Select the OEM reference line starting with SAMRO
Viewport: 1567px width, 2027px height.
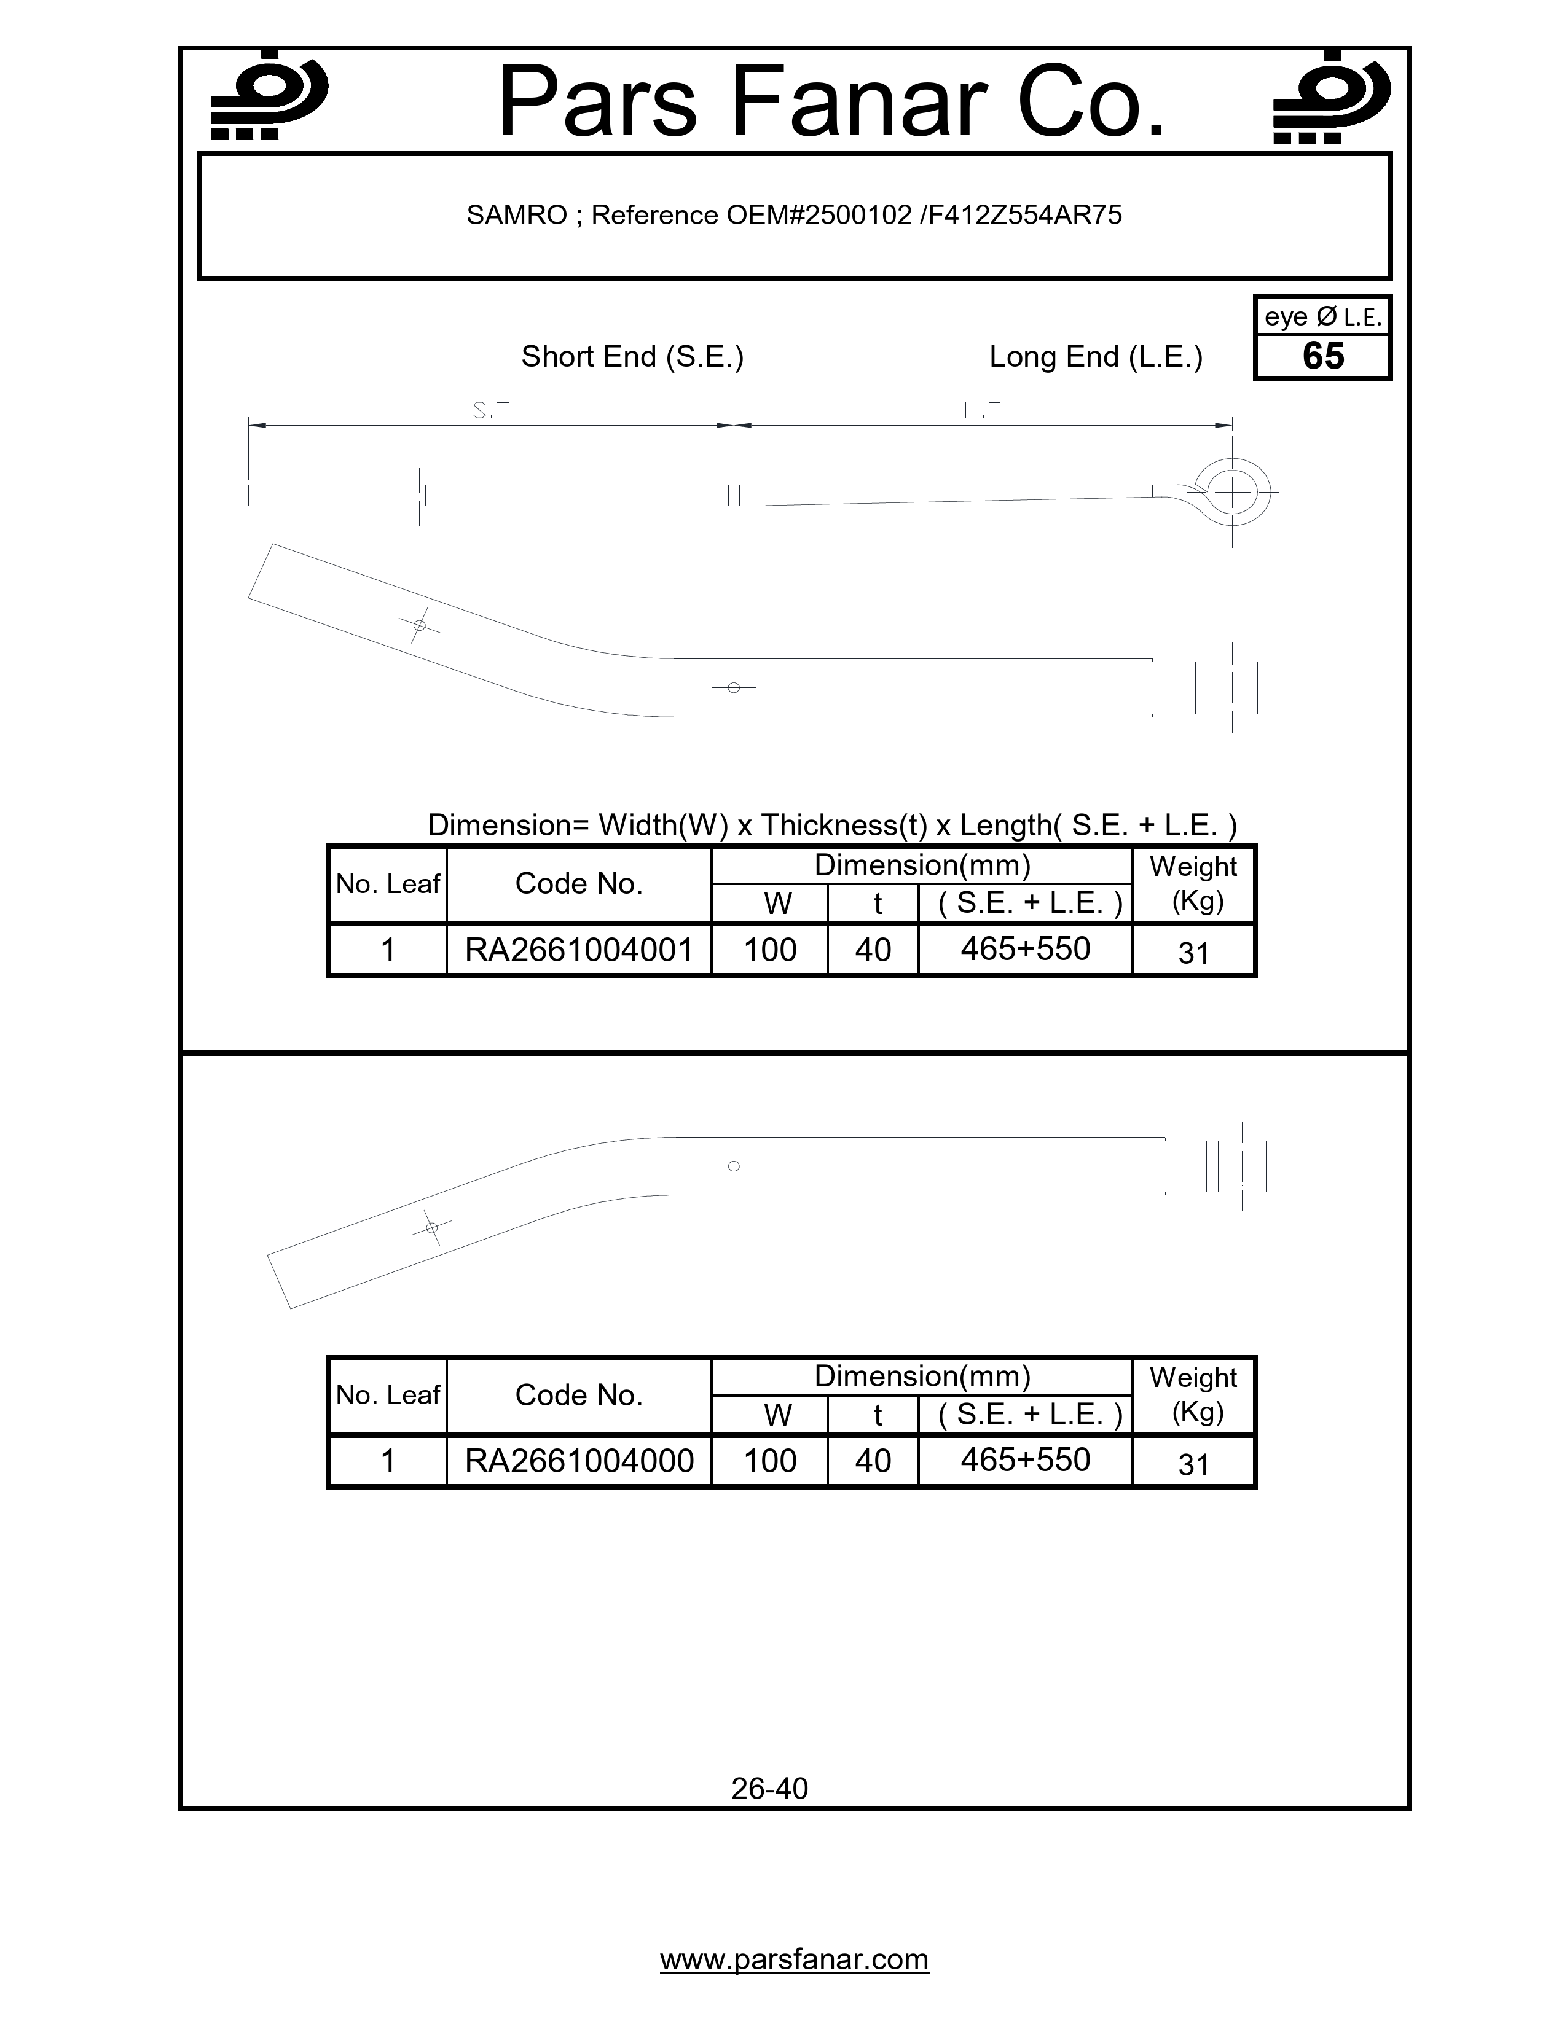pyautogui.click(x=794, y=216)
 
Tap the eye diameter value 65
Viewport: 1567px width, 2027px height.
pyautogui.click(x=1323, y=356)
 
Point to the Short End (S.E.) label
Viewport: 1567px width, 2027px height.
pyautogui.click(x=632, y=356)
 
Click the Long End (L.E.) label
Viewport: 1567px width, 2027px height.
pyautogui.click(x=1096, y=356)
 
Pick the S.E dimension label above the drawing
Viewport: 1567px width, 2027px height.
pyautogui.click(x=490, y=410)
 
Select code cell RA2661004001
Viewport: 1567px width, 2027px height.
pyautogui.click(x=578, y=950)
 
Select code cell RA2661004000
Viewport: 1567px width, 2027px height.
pyautogui.click(x=578, y=1461)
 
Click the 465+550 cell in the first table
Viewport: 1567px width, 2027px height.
pyautogui.click(x=1025, y=948)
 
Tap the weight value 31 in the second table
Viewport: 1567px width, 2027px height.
pyautogui.click(x=1193, y=1464)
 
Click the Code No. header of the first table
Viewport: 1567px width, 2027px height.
pyautogui.click(x=578, y=883)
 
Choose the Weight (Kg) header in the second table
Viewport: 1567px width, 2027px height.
pyautogui.click(x=1193, y=1395)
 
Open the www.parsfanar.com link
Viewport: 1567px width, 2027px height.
pyautogui.click(x=794, y=1958)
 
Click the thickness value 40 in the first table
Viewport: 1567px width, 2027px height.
pyautogui.click(x=873, y=950)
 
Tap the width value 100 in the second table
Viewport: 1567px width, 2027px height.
pyautogui.click(x=769, y=1461)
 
